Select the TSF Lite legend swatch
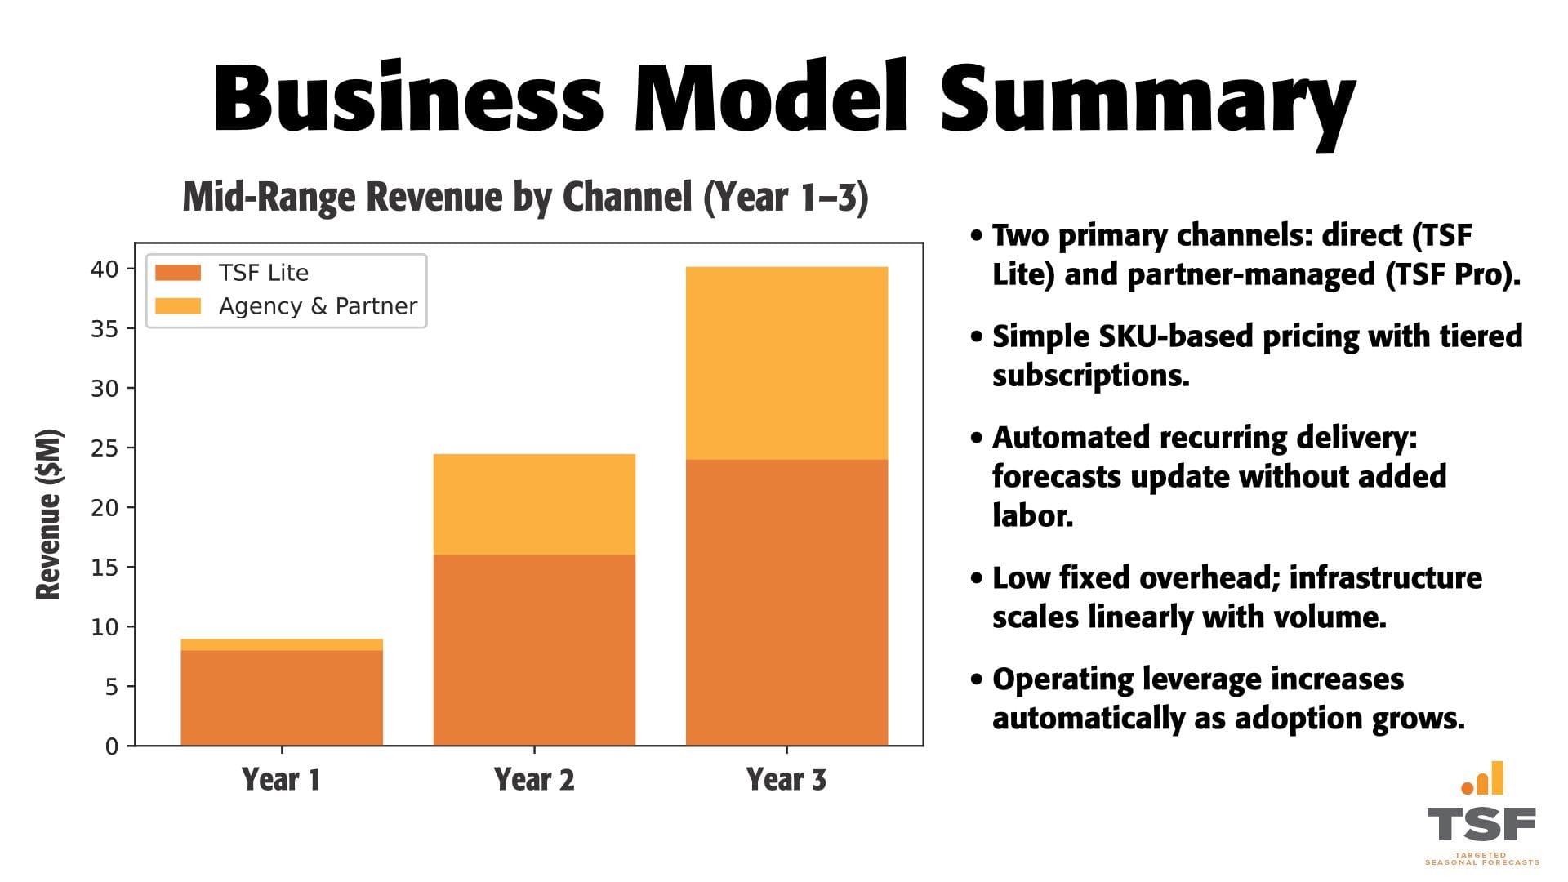click(178, 273)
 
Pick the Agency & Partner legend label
click(318, 306)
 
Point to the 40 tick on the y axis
click(105, 269)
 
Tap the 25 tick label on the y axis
click(105, 448)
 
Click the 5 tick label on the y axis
click(112, 687)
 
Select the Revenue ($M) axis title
click(49, 514)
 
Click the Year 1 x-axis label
click(281, 780)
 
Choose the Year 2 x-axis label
click(534, 780)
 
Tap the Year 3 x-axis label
click(786, 780)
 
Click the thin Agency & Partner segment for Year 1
click(282, 644)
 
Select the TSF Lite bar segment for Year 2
click(534, 649)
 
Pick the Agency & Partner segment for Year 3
click(786, 363)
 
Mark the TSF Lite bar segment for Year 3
click(786, 602)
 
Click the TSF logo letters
click(1481, 825)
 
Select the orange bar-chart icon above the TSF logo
click(1482, 778)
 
